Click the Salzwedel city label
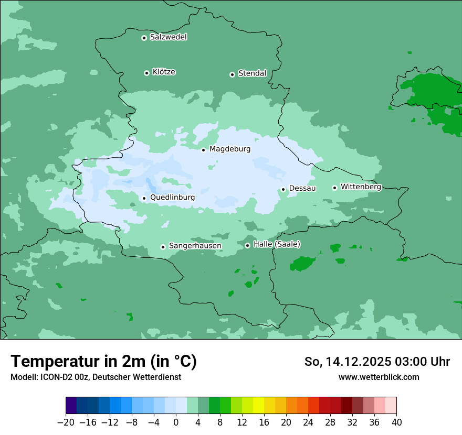point(168,37)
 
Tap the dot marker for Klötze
point(146,73)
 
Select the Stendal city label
point(252,73)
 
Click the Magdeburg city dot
point(203,150)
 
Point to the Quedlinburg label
point(172,198)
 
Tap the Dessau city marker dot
point(283,189)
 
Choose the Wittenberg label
point(361,187)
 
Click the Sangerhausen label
point(195,246)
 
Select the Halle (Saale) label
point(277,244)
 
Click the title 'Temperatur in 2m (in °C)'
point(103,362)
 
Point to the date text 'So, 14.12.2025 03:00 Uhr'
point(377,362)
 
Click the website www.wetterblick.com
point(379,377)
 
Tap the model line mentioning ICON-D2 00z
point(96,377)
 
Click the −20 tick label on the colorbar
point(66,422)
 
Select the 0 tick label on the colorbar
point(176,422)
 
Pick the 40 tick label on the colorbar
point(396,422)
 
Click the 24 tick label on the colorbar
point(308,422)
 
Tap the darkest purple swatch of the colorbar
point(71,406)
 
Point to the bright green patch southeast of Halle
point(302,264)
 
